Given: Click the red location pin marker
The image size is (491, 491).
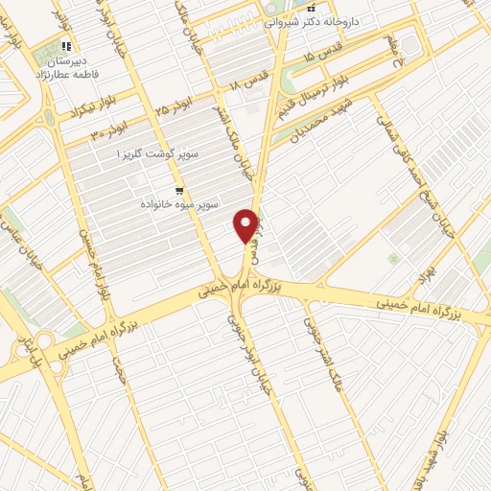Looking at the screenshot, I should coord(246,224).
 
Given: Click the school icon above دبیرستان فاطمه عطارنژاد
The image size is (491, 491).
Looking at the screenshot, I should coord(64,45).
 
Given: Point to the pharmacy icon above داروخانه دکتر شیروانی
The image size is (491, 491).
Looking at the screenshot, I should coord(310,8).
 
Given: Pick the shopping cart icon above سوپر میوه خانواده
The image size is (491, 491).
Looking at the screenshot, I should coord(178,189).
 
